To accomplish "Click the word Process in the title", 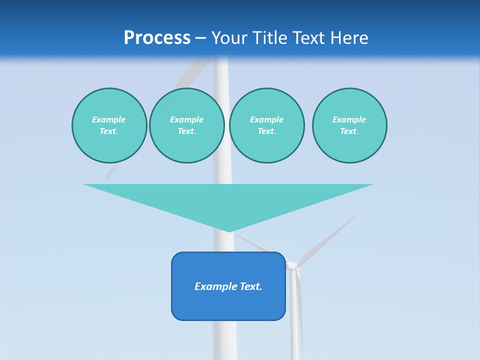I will (x=157, y=38).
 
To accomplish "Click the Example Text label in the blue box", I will (x=228, y=286).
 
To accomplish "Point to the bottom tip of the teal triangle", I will (x=229, y=231).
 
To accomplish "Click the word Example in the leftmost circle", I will (x=109, y=119).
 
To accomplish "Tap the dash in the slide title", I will (x=201, y=38).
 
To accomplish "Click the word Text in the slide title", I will (x=307, y=38).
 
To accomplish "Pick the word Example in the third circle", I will (x=266, y=119).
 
